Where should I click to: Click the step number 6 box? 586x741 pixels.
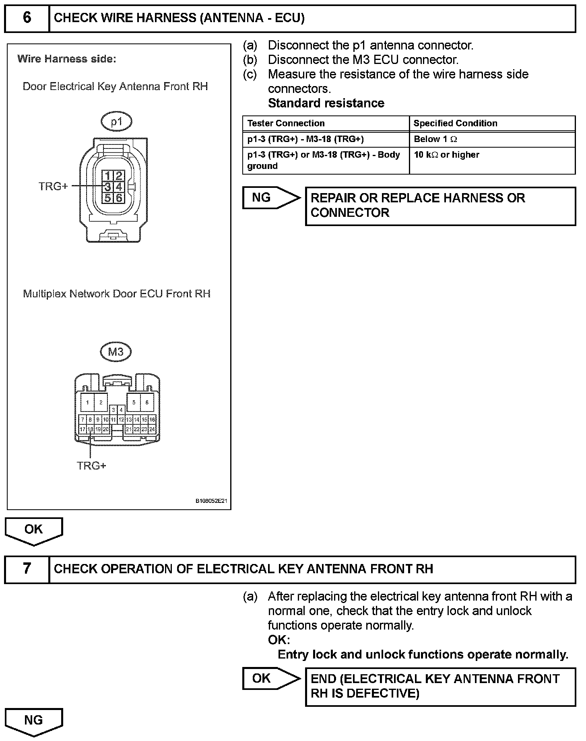(x=27, y=18)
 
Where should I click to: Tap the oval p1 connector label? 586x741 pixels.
(x=116, y=121)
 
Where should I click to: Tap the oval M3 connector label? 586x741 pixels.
(x=116, y=352)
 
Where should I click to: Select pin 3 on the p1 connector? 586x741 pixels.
(x=107, y=187)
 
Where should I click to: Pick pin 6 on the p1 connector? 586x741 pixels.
(x=119, y=198)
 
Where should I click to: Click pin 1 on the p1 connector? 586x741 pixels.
(x=107, y=175)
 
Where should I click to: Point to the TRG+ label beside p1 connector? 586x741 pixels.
(x=53, y=186)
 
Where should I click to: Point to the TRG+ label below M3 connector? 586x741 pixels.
(x=91, y=465)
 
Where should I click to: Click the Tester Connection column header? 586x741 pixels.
(x=286, y=123)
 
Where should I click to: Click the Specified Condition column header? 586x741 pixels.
(x=455, y=123)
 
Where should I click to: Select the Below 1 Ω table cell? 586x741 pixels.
(x=435, y=139)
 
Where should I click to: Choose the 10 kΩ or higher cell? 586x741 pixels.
(x=446, y=155)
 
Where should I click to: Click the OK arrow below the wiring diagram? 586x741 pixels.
(x=34, y=530)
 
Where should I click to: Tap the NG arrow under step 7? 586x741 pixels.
(x=34, y=720)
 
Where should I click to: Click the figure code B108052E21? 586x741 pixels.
(x=211, y=501)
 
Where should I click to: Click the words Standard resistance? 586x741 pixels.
(x=326, y=103)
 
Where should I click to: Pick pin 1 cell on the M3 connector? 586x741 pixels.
(x=87, y=402)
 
